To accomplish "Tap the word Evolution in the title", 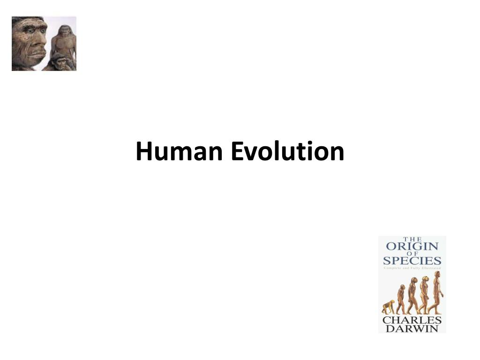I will (287, 152).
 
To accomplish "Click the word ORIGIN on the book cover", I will (412, 247).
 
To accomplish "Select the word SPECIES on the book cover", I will (412, 261).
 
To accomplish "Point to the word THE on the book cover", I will (412, 240).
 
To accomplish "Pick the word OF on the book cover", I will (412, 254).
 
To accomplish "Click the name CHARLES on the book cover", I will (412, 320).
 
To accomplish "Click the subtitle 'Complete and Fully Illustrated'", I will (412, 268).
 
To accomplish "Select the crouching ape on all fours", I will (388, 307).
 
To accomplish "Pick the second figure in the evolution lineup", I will (401, 300).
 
